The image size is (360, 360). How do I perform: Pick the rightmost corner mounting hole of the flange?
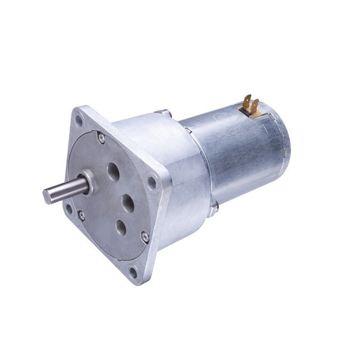coord(153,183)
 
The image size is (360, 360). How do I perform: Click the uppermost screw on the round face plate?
coord(102,138)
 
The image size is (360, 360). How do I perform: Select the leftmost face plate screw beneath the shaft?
coord(82,216)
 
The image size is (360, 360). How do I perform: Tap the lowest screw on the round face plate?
coord(144,235)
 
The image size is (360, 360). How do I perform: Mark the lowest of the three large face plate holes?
coord(121,227)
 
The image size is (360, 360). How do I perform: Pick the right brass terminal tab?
coord(255,105)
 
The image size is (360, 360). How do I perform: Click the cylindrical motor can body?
coord(236,150)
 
